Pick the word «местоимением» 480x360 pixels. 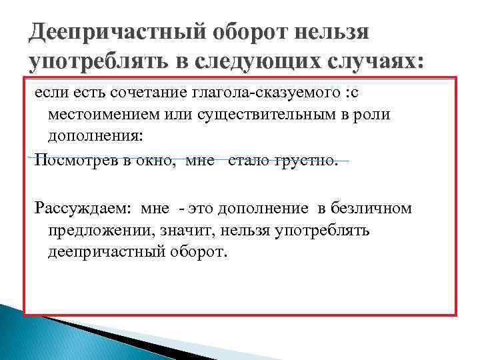pyautogui.click(x=93, y=115)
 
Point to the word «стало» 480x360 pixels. pyautogui.click(x=248, y=160)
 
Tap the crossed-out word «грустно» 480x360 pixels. pyautogui.click(x=306, y=160)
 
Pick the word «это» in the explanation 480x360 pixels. pyautogui.click(x=201, y=209)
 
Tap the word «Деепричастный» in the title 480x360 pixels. pyautogui.click(x=113, y=31)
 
